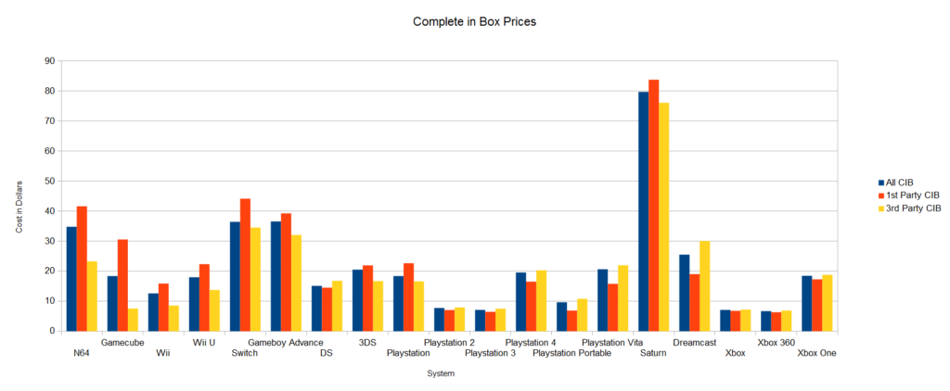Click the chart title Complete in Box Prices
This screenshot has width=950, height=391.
click(474, 19)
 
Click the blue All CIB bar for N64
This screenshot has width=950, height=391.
click(71, 279)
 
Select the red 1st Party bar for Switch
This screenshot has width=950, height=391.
click(245, 265)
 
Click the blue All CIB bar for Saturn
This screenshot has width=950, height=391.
click(643, 211)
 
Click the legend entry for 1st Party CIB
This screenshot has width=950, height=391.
click(912, 195)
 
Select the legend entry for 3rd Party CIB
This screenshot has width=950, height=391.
click(912, 208)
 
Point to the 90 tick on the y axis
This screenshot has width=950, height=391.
click(49, 61)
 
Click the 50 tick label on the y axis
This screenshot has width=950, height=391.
click(49, 181)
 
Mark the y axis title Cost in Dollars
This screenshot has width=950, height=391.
click(19, 195)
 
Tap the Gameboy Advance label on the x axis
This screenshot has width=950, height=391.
click(286, 343)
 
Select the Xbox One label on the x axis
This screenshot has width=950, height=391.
click(816, 353)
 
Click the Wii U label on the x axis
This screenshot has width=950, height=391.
click(204, 343)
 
